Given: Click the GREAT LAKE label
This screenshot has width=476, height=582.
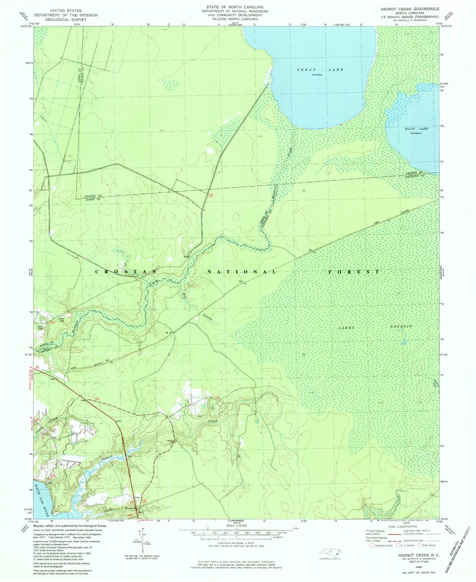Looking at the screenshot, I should [320, 70].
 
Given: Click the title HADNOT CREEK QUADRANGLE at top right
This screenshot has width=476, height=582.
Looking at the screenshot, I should [414, 9].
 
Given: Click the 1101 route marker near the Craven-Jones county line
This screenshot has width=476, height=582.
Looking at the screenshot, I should [211, 196].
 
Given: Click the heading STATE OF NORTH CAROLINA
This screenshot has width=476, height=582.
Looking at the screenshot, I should [235, 7].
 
